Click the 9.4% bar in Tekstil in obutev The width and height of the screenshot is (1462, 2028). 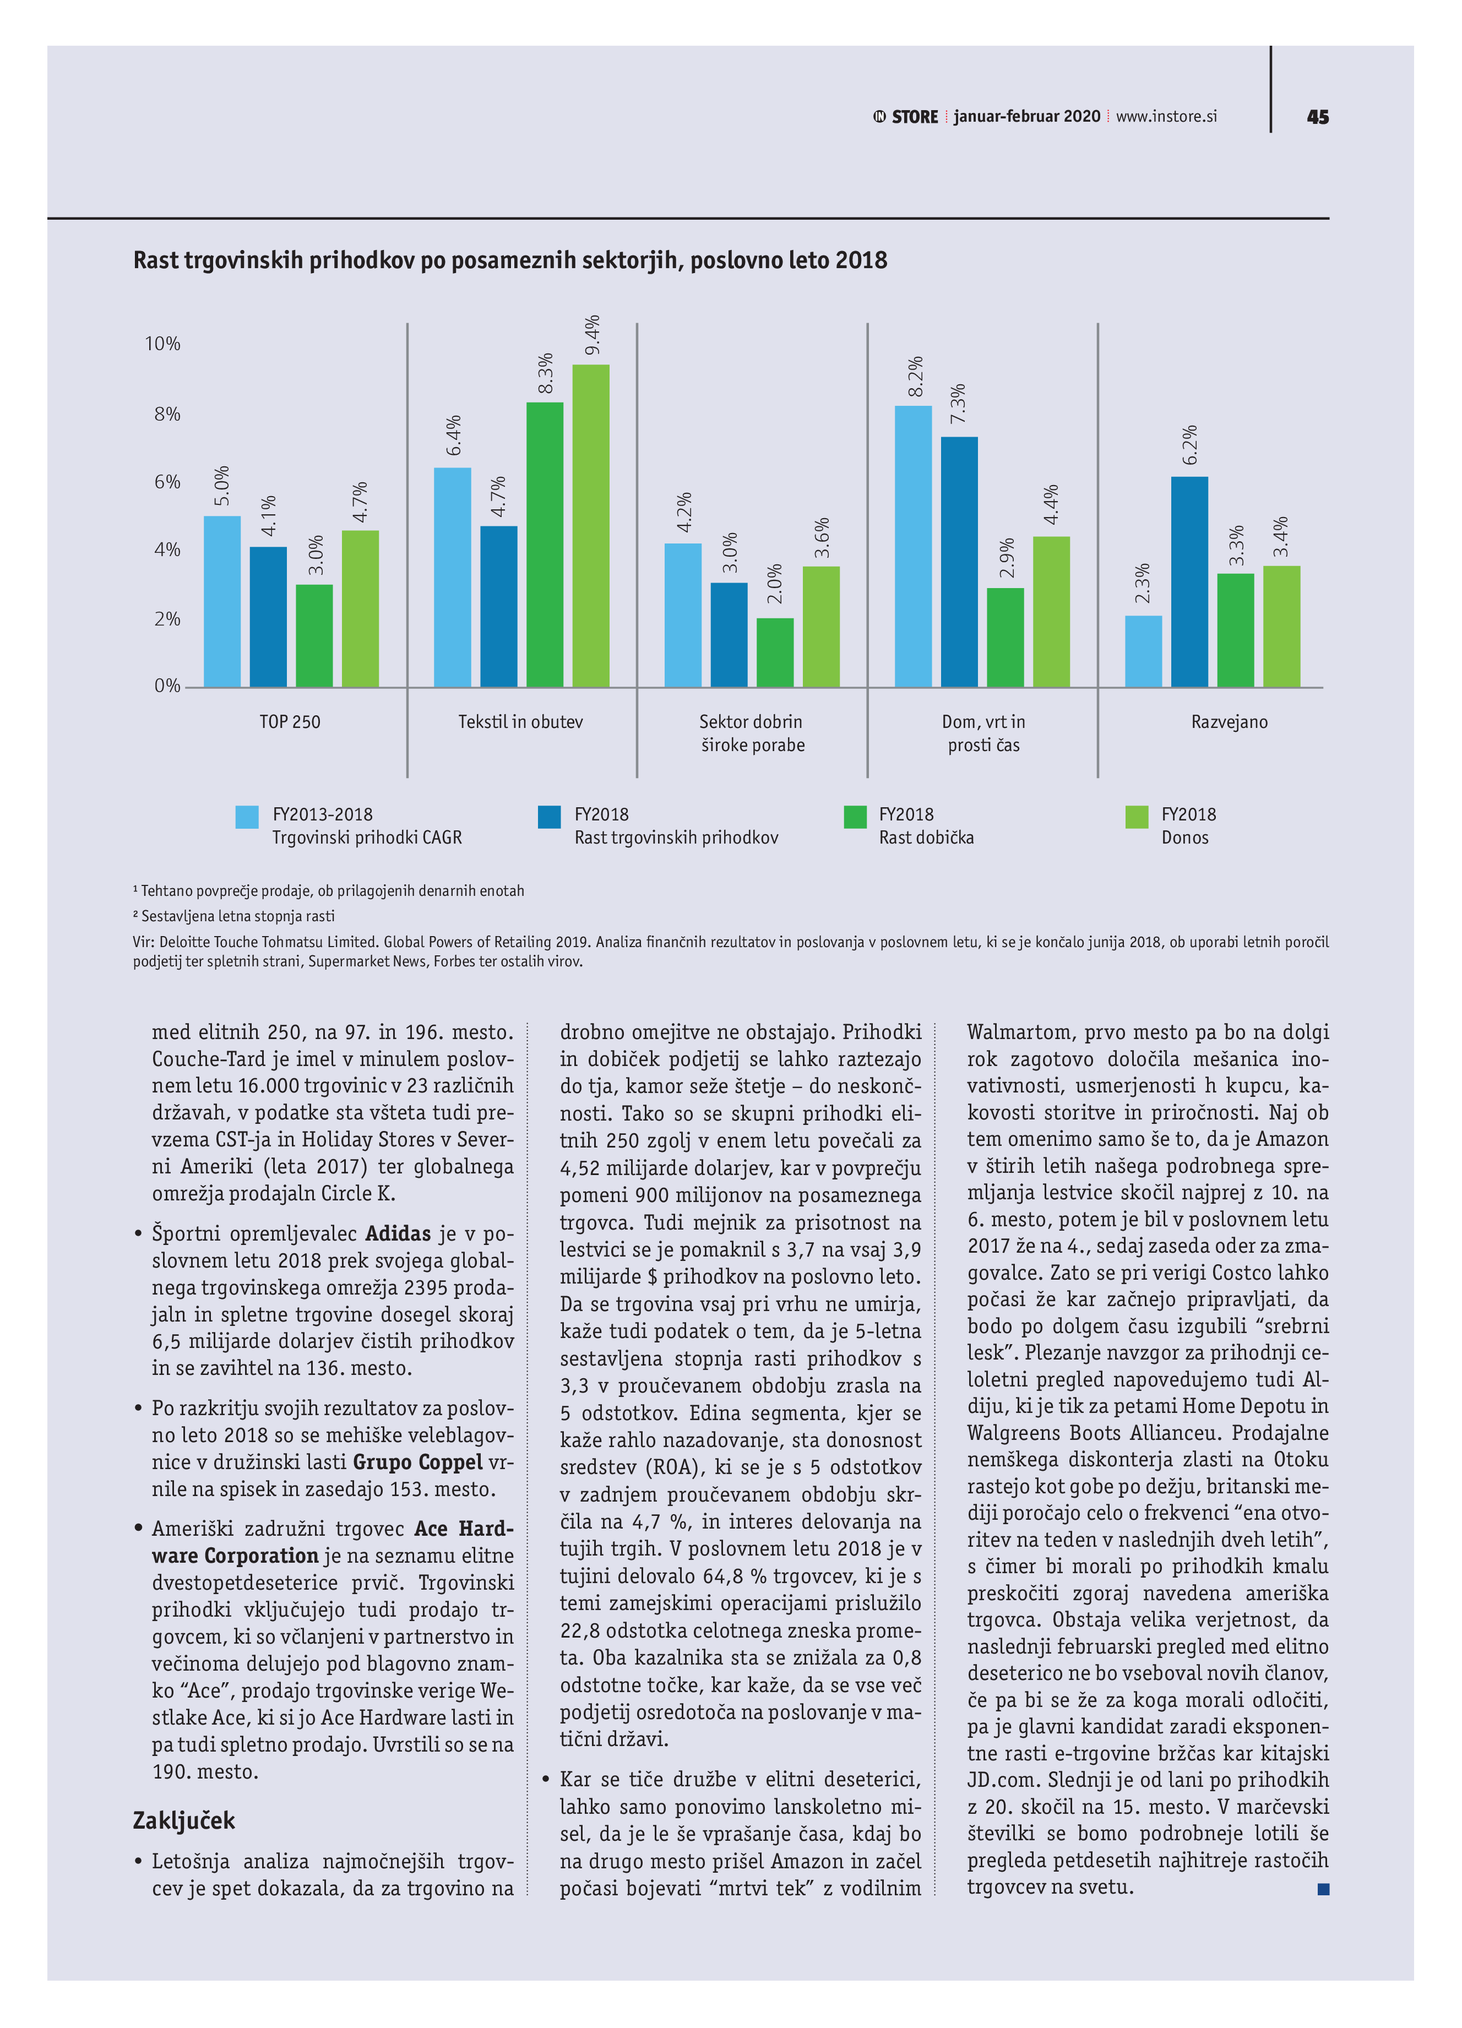tap(590, 526)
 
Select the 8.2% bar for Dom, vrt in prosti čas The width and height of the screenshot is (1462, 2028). tap(913, 546)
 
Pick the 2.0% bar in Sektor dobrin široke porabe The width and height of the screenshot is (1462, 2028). tap(774, 652)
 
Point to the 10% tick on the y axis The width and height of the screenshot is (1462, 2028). tap(163, 344)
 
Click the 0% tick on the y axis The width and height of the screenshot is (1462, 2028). tap(167, 686)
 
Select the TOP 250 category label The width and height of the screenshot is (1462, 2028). tap(290, 721)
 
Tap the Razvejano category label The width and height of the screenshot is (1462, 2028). tap(1229, 721)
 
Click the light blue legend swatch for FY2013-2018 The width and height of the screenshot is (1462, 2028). tap(247, 817)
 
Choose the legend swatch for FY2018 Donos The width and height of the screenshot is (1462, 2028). tap(1137, 817)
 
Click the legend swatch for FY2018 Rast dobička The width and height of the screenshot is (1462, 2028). tap(855, 817)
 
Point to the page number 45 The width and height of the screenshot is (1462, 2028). tap(1317, 117)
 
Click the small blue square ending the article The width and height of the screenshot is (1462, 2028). tap(1323, 1889)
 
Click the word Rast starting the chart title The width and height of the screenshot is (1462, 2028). tap(156, 260)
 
